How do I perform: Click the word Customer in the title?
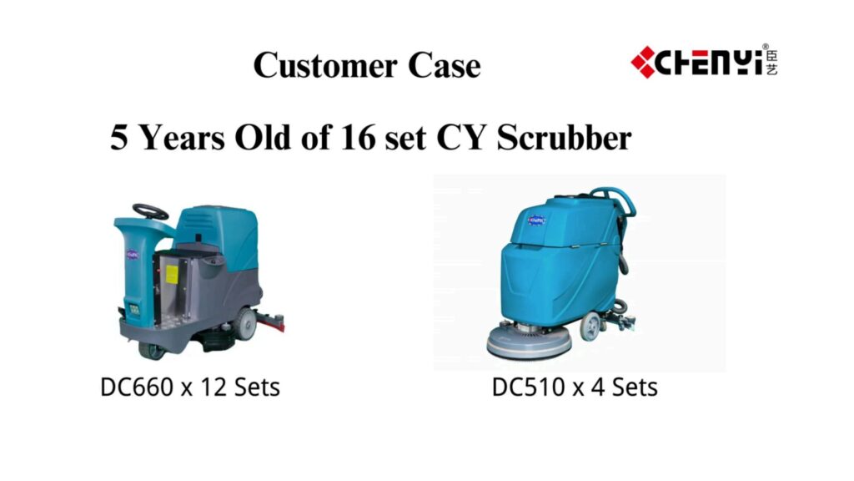pos(325,65)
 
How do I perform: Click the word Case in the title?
pos(444,65)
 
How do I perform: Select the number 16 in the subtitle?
pos(358,137)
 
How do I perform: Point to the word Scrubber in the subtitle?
pos(564,137)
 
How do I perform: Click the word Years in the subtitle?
pos(182,137)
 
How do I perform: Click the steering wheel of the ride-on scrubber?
pos(150,211)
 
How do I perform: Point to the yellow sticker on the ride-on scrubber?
pos(172,274)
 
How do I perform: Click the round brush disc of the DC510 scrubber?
pos(528,342)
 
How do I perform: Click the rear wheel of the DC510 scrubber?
pos(590,327)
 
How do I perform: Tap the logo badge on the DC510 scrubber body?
pos(536,220)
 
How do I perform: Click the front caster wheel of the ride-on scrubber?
pos(152,350)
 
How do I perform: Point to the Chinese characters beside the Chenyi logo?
pos(771,62)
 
